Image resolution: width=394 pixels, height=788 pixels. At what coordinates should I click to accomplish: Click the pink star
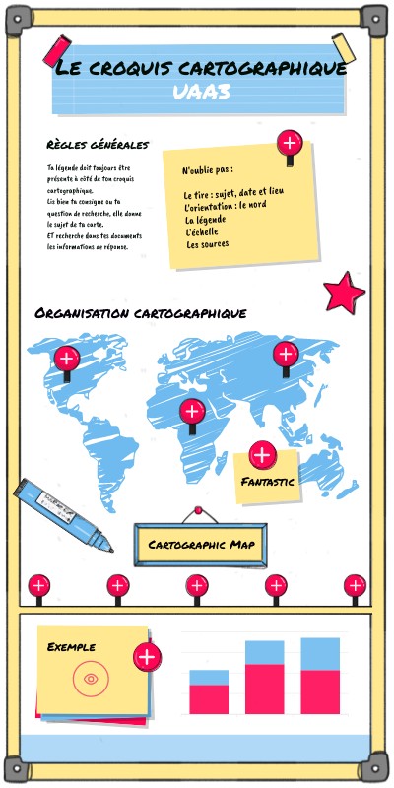(344, 292)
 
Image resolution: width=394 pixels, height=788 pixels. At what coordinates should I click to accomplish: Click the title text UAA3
(200, 92)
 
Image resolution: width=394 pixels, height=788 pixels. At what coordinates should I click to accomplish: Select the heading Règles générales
(97, 145)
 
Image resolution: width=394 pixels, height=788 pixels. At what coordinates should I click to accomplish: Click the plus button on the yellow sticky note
(289, 143)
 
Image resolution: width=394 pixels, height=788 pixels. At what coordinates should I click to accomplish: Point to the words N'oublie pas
(207, 170)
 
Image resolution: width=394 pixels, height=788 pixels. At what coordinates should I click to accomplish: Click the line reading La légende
(205, 219)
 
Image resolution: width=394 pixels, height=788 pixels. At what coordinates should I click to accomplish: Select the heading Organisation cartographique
(140, 313)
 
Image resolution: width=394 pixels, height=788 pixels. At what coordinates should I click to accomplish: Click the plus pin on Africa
(191, 412)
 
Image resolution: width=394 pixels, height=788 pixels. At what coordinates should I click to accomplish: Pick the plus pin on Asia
(286, 355)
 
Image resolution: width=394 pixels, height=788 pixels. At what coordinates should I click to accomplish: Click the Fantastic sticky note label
(268, 482)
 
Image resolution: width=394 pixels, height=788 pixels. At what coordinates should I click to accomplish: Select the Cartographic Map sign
(200, 545)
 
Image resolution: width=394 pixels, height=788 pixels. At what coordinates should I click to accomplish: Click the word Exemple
(72, 647)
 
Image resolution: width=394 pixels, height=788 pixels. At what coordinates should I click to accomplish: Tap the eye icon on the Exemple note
(90, 678)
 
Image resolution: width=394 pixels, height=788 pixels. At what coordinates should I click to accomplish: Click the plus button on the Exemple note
(147, 657)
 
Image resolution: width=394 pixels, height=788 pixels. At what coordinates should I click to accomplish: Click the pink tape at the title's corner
(55, 50)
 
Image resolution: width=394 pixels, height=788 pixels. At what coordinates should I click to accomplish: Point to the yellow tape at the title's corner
(344, 47)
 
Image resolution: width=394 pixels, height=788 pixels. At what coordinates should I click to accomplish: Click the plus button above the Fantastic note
(262, 455)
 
